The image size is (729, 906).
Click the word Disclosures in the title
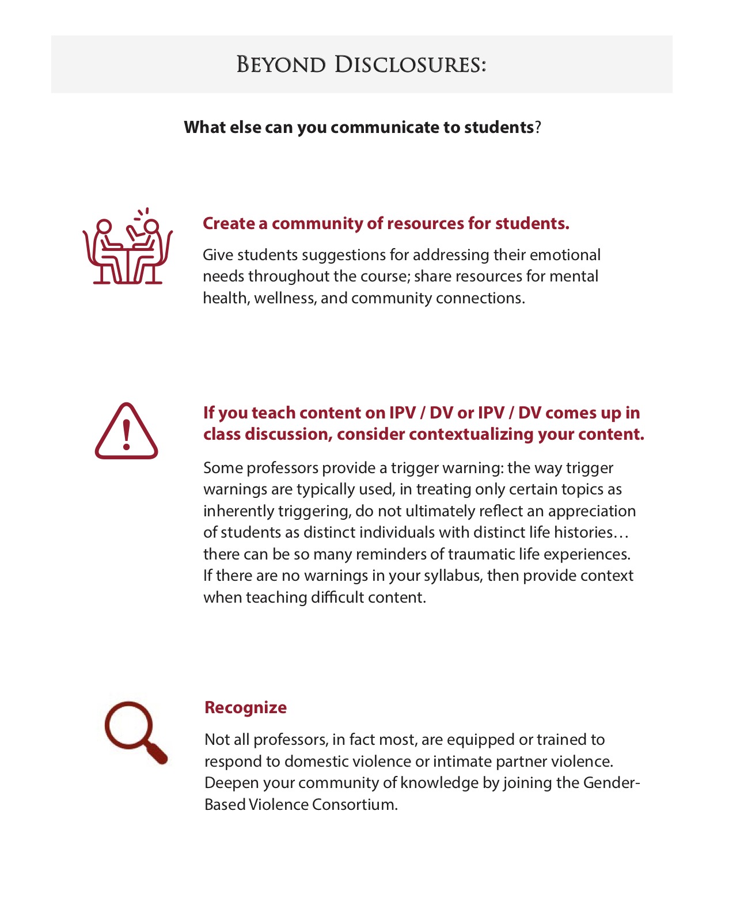410,64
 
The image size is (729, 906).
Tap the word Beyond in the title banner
281,64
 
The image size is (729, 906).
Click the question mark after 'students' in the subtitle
538,127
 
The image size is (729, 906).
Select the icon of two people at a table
128,248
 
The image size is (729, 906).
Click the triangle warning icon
126,432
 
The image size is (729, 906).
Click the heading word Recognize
245,707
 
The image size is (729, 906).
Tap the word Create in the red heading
229,223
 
